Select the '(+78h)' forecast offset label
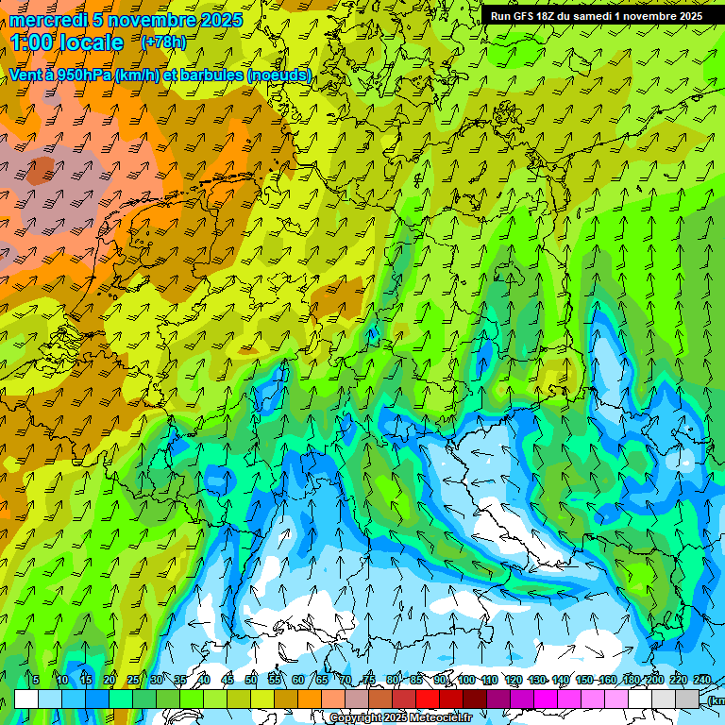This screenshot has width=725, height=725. [163, 42]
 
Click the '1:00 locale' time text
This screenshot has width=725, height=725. [68, 42]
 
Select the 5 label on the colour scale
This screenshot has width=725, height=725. [35, 681]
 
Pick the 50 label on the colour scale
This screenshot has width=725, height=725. [251, 681]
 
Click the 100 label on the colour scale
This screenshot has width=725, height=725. [466, 681]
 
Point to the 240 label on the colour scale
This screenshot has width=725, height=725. [702, 681]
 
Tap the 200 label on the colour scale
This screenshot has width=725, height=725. [654, 681]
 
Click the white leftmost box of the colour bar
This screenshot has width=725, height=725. [26, 700]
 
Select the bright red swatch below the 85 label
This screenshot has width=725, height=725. [428, 700]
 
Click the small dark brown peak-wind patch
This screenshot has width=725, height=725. [40, 170]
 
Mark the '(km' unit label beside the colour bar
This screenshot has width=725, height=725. [716, 700]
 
